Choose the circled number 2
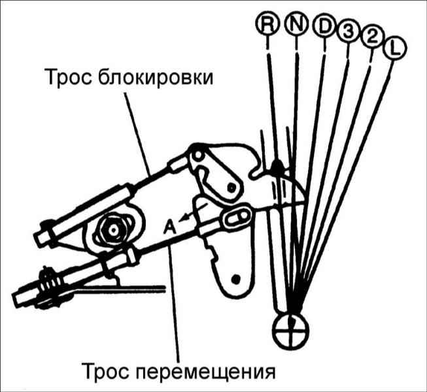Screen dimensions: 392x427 pos(372,39)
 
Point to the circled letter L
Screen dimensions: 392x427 pos(394,48)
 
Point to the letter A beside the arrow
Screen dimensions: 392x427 pos(169,227)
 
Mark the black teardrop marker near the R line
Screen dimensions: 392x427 pos(277,166)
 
